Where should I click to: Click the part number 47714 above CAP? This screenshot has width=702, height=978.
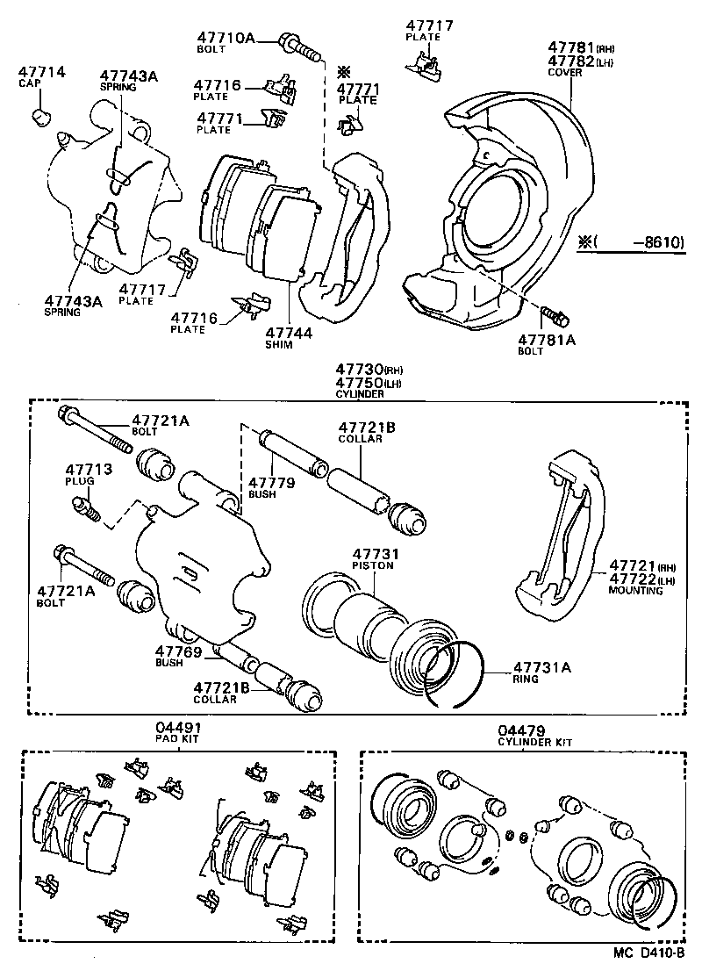(42, 71)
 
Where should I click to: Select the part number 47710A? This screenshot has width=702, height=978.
(226, 38)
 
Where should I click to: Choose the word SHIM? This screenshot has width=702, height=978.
(281, 346)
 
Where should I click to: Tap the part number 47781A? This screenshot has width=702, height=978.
(546, 339)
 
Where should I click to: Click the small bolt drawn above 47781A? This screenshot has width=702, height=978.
(556, 313)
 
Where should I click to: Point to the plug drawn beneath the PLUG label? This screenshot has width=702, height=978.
(85, 507)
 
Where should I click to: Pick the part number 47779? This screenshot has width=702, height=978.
(271, 482)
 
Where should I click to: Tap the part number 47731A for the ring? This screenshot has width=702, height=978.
(541, 667)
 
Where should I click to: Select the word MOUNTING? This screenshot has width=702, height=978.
(636, 591)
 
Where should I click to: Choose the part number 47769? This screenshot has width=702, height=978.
(179, 651)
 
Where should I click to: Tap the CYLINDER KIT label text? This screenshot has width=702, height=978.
(534, 742)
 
